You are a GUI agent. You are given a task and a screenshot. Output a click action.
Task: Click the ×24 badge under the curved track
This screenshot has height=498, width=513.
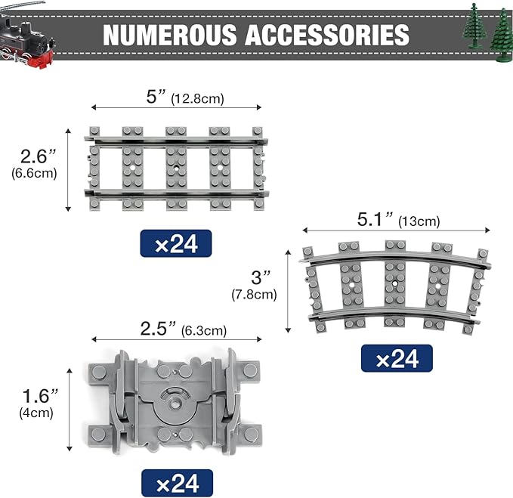(x=396, y=359)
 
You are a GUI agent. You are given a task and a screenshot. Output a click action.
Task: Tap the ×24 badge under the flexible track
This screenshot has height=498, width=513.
(x=177, y=482)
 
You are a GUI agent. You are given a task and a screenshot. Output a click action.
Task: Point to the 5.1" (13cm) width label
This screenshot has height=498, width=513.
(x=397, y=221)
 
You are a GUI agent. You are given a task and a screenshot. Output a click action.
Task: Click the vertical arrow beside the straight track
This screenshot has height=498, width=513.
(x=69, y=169)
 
